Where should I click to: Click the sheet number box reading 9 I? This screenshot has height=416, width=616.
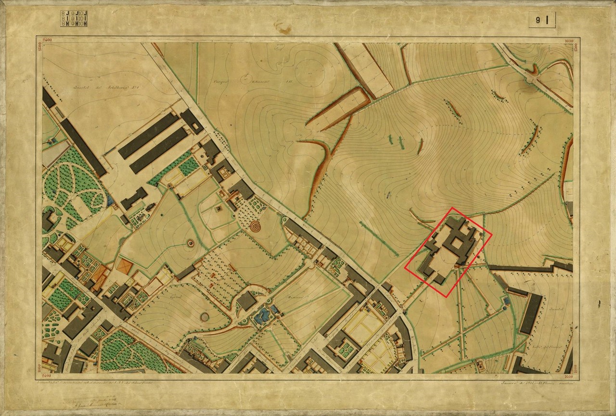(542, 20)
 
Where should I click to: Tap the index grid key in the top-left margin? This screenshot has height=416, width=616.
(74, 18)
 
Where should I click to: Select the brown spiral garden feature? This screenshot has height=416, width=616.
(255, 225)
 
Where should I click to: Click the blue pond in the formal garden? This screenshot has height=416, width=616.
(262, 315)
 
